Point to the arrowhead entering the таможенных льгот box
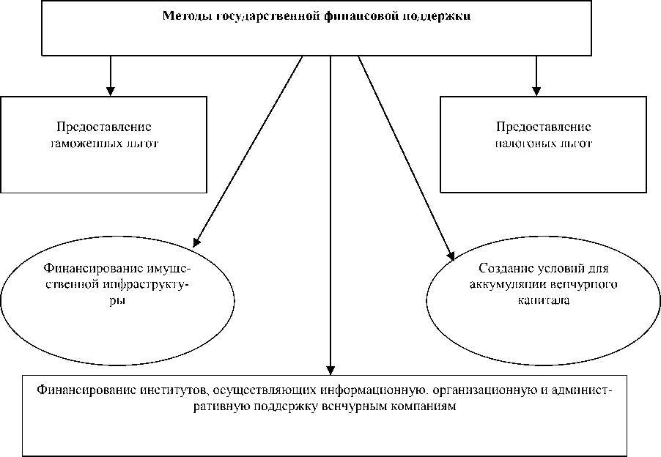pos(110,90)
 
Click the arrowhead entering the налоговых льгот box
pos(536,90)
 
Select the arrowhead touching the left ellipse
pos(196,238)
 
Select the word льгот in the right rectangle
pos(574,144)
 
